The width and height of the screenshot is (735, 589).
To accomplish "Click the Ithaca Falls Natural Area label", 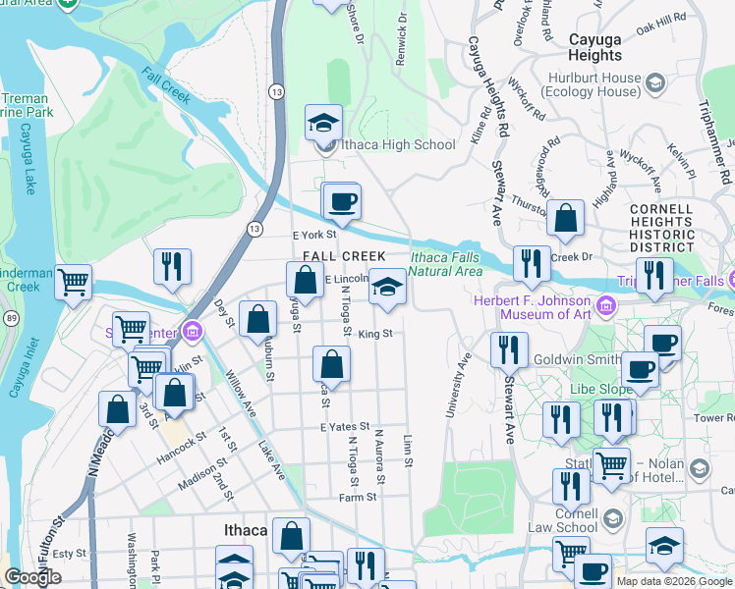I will (x=445, y=264).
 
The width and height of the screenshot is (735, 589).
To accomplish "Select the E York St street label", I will (x=314, y=235).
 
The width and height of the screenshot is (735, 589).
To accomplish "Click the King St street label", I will (x=375, y=334).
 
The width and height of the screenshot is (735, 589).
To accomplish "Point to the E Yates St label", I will (x=343, y=427).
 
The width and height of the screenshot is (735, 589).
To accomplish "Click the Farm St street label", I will (x=358, y=498).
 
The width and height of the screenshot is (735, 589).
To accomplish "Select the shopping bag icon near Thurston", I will (x=566, y=220).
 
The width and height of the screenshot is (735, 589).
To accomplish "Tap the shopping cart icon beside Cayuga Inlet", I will (x=74, y=283).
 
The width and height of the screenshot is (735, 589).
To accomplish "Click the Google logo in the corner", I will (x=32, y=577).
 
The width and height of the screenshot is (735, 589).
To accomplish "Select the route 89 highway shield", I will (x=10, y=318).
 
